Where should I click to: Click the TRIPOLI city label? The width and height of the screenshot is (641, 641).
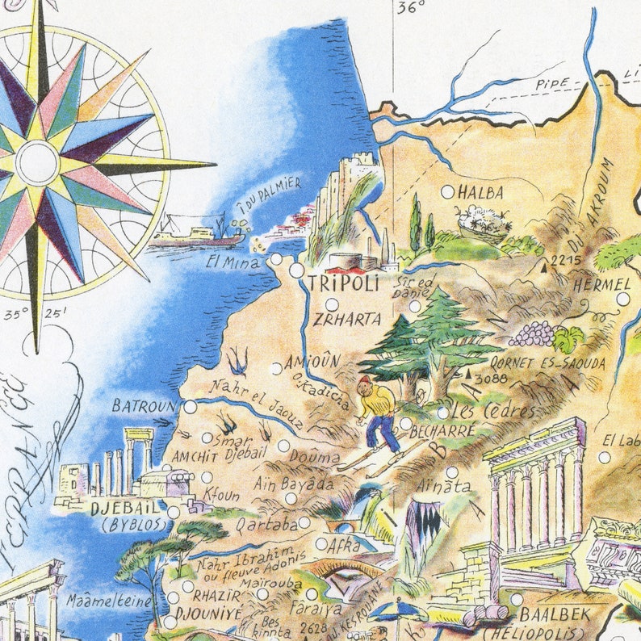(343, 283)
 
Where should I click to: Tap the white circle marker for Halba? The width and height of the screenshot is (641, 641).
(448, 192)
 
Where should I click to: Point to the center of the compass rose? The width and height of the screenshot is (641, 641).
(38, 162)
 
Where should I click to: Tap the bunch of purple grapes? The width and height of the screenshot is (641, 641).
(532, 333)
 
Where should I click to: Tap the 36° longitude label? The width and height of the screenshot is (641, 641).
(410, 8)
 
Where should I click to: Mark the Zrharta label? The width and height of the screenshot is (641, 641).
(347, 319)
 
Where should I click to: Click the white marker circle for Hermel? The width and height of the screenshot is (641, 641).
(622, 299)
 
